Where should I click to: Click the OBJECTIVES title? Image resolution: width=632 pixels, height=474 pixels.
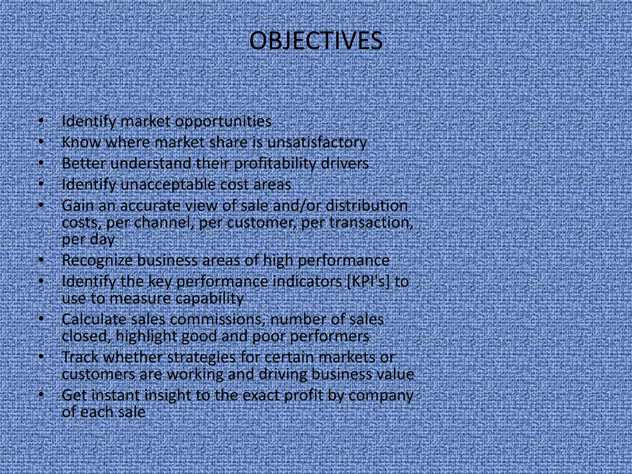tap(316, 41)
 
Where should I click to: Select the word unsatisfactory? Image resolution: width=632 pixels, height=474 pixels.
tap(317, 143)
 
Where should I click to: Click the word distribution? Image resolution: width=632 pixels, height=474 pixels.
tap(367, 206)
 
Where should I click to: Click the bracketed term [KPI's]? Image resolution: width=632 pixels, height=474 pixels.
tap(368, 281)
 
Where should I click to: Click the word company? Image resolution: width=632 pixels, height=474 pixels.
tap(380, 395)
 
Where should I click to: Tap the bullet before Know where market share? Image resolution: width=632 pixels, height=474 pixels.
tap(41, 142)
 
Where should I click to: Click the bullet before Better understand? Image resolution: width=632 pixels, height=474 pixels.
tap(41, 163)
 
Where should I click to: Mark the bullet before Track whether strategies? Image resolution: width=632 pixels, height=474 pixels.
tap(41, 357)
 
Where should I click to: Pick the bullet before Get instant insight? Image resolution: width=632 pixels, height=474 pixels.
tap(41, 395)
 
